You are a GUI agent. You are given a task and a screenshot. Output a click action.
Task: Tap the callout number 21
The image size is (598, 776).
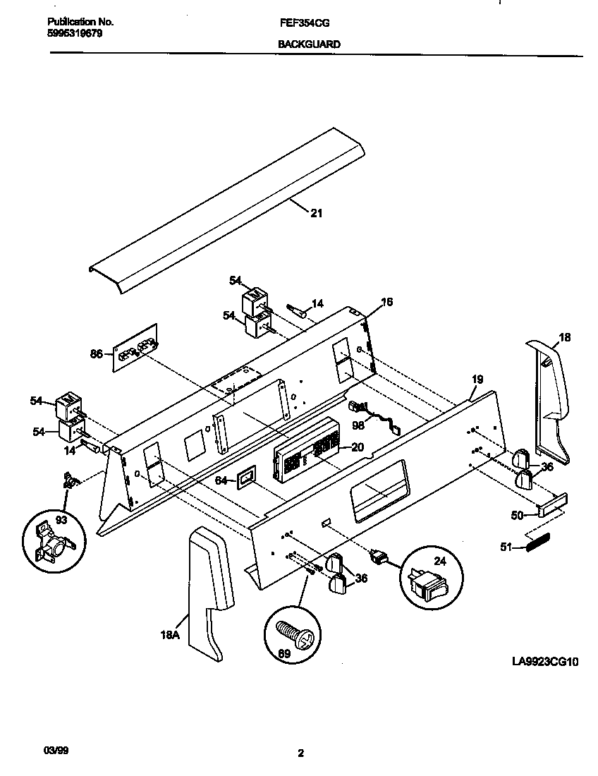point(317,213)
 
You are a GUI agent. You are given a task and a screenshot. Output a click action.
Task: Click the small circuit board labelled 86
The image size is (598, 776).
point(136,348)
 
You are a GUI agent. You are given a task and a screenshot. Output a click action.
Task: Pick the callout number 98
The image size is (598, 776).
point(358,425)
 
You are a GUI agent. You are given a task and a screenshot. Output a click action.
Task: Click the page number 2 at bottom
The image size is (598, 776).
point(300,753)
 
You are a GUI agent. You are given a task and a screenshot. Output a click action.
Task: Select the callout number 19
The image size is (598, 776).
point(477,380)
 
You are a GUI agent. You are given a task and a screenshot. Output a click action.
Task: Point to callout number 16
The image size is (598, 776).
point(386,302)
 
